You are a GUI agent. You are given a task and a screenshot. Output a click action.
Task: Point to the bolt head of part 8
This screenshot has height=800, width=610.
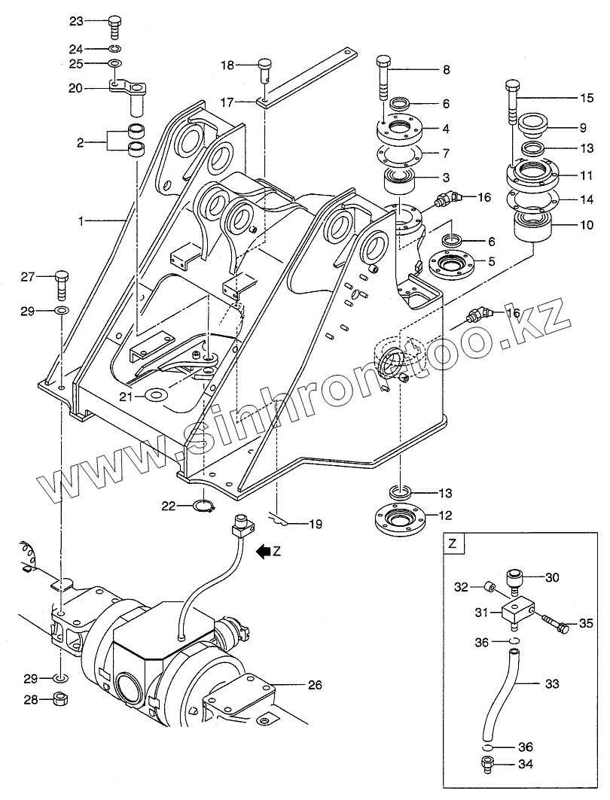[383, 61]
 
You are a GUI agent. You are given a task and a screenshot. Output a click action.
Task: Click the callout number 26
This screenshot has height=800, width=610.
[314, 686]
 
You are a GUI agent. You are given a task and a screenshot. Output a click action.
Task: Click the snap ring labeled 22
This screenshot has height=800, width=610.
[206, 506]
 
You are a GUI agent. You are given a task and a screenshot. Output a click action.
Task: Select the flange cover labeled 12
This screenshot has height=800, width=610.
[398, 517]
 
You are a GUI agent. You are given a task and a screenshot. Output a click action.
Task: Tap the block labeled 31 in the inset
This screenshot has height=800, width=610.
[517, 610]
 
